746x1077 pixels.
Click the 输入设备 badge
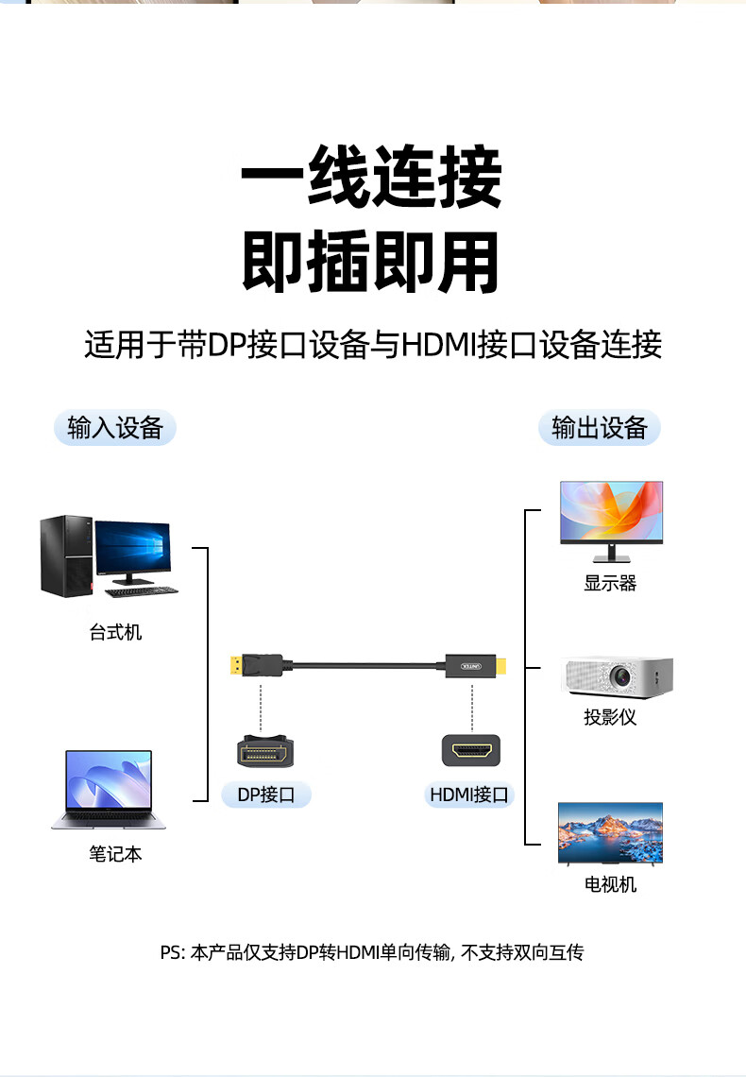click(115, 428)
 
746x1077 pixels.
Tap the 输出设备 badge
click(600, 428)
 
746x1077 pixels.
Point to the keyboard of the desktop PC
click(142, 592)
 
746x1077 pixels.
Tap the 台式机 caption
click(115, 632)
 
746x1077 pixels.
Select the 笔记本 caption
click(115, 854)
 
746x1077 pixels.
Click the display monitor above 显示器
click(611, 514)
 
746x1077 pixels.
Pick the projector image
click(619, 677)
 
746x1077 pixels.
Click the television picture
click(610, 832)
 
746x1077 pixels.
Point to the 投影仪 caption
click(610, 717)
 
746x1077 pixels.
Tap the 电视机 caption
click(610, 884)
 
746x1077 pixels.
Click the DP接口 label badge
click(266, 795)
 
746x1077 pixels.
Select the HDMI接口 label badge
click(469, 795)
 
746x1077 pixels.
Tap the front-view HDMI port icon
click(471, 752)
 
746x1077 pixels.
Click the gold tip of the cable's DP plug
click(234, 665)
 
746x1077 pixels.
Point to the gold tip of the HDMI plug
click(502, 665)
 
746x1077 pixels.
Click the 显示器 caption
click(610, 583)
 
